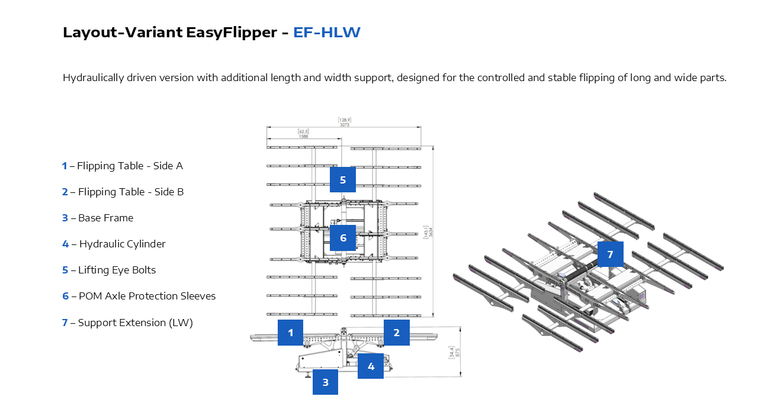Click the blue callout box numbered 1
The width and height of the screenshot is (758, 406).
pyautogui.click(x=290, y=333)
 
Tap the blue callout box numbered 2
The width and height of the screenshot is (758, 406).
pyautogui.click(x=396, y=333)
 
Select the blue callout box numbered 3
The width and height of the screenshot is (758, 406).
pyautogui.click(x=325, y=382)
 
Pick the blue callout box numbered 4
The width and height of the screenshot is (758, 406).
pyautogui.click(x=371, y=366)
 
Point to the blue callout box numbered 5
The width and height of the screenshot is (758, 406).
pyautogui.click(x=343, y=180)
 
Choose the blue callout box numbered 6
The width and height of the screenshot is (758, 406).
pyautogui.click(x=343, y=238)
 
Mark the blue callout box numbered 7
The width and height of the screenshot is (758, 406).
pyautogui.click(x=610, y=254)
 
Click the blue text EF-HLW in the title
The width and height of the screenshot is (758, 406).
pyautogui.click(x=326, y=33)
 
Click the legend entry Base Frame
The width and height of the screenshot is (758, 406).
pyautogui.click(x=105, y=218)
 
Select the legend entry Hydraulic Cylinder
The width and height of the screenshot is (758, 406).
pyautogui.click(x=122, y=244)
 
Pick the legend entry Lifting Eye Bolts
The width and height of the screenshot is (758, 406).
pyautogui.click(x=116, y=270)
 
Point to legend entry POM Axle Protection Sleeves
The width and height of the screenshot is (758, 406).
pyautogui.click(x=147, y=296)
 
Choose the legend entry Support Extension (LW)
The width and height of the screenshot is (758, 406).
pyautogui.click(x=135, y=323)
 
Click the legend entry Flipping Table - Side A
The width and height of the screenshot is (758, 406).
pyautogui.click(x=130, y=166)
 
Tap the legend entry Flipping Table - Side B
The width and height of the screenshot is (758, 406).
pyautogui.click(x=130, y=192)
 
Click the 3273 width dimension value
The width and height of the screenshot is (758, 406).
pyautogui.click(x=344, y=125)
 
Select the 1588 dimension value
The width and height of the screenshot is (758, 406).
pyautogui.click(x=303, y=136)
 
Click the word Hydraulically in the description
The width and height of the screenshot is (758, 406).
pyautogui.click(x=94, y=78)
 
